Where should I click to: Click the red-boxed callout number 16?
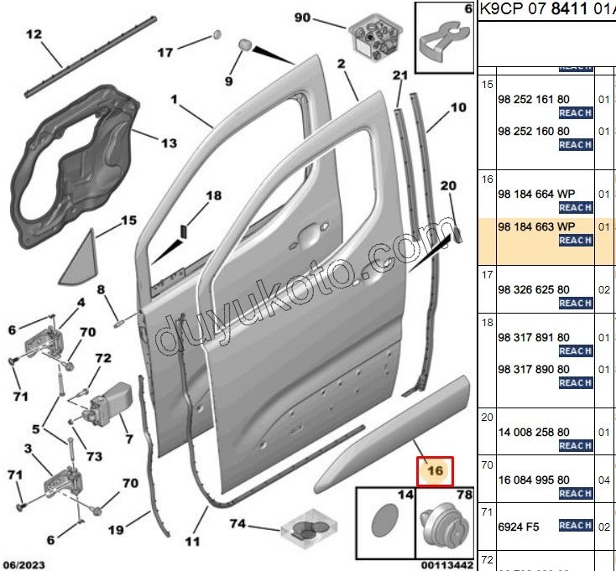(435, 471)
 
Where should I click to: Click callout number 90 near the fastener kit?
(302, 18)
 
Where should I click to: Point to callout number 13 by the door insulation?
(169, 143)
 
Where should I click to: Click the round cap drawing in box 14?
(385, 528)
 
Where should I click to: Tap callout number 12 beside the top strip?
(34, 34)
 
